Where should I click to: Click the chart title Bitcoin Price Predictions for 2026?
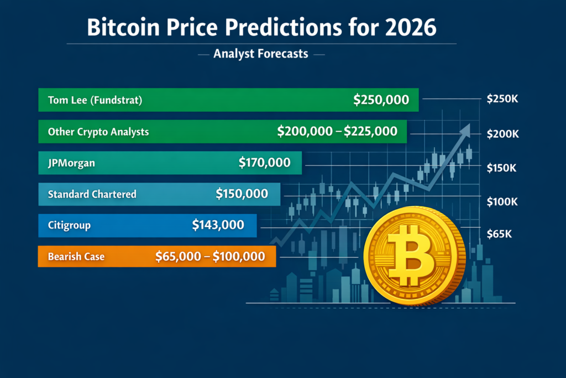point(261,27)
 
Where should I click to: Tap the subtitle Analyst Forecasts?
point(261,54)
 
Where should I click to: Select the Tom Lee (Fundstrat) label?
point(95,100)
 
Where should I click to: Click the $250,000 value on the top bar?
point(381,100)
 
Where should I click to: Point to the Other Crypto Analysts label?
point(98,132)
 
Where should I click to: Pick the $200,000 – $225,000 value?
point(337,131)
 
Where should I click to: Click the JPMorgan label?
point(71,163)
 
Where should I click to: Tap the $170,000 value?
point(265,163)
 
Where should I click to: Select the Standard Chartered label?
point(92,194)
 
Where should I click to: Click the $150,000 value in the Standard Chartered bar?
point(242,194)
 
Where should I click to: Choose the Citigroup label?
point(69,225)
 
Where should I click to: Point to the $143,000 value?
point(218,225)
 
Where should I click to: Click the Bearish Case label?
point(76,257)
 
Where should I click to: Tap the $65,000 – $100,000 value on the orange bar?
point(210,257)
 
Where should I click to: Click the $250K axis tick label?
point(502,99)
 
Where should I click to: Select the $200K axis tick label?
point(502,134)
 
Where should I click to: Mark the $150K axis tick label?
point(501,168)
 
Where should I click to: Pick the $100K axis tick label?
point(502,201)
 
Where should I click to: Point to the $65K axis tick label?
point(499,234)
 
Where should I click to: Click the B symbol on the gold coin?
point(410,256)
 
